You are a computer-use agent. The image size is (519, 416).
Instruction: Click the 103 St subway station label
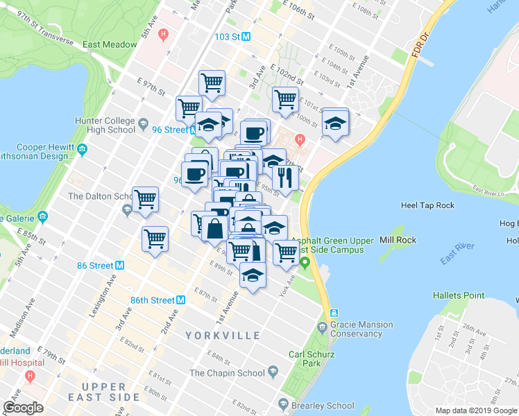pos(228,36)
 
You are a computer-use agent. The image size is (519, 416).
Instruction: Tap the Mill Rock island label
pos(395,241)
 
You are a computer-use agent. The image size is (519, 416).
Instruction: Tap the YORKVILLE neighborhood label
pos(223,336)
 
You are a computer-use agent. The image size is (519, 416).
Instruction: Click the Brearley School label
pos(326,406)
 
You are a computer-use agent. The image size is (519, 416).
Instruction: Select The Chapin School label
pos(227,373)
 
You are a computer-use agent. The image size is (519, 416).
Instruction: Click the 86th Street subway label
pos(153,300)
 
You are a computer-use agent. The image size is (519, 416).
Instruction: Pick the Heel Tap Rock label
pos(427,205)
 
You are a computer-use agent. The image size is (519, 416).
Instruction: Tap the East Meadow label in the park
pos(110,44)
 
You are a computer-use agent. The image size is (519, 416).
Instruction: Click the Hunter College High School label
pos(105,125)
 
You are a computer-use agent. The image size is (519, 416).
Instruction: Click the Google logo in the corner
pos(23,408)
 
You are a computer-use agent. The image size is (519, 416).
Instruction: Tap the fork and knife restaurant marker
pos(285,178)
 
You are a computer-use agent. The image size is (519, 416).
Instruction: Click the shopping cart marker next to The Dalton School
pos(146,200)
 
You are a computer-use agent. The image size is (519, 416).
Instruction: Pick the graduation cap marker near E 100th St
pos(335,123)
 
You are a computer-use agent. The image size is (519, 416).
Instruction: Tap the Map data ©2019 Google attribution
pos(476,410)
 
